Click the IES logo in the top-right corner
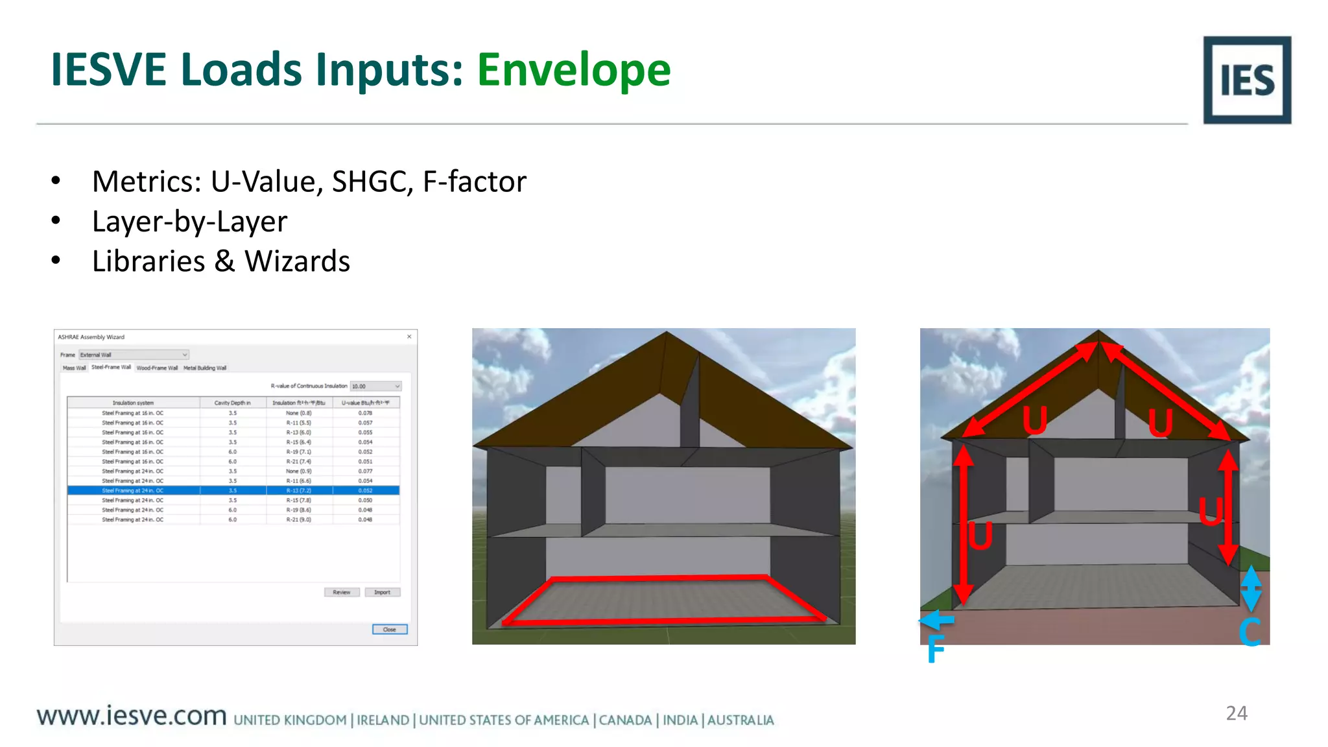[1246, 80]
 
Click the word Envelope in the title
[574, 70]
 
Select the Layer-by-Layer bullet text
[189, 222]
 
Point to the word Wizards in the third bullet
[297, 261]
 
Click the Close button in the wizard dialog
[390, 629]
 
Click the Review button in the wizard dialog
[342, 592]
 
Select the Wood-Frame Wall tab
[157, 368]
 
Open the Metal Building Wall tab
[205, 368]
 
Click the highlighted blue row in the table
[233, 490]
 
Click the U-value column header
[366, 403]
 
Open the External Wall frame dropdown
[134, 355]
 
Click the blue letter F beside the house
[935, 648]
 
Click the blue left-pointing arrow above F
[936, 620]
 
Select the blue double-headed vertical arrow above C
[1250, 587]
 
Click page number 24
[1236, 713]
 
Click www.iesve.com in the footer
[132, 716]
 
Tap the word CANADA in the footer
[625, 720]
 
